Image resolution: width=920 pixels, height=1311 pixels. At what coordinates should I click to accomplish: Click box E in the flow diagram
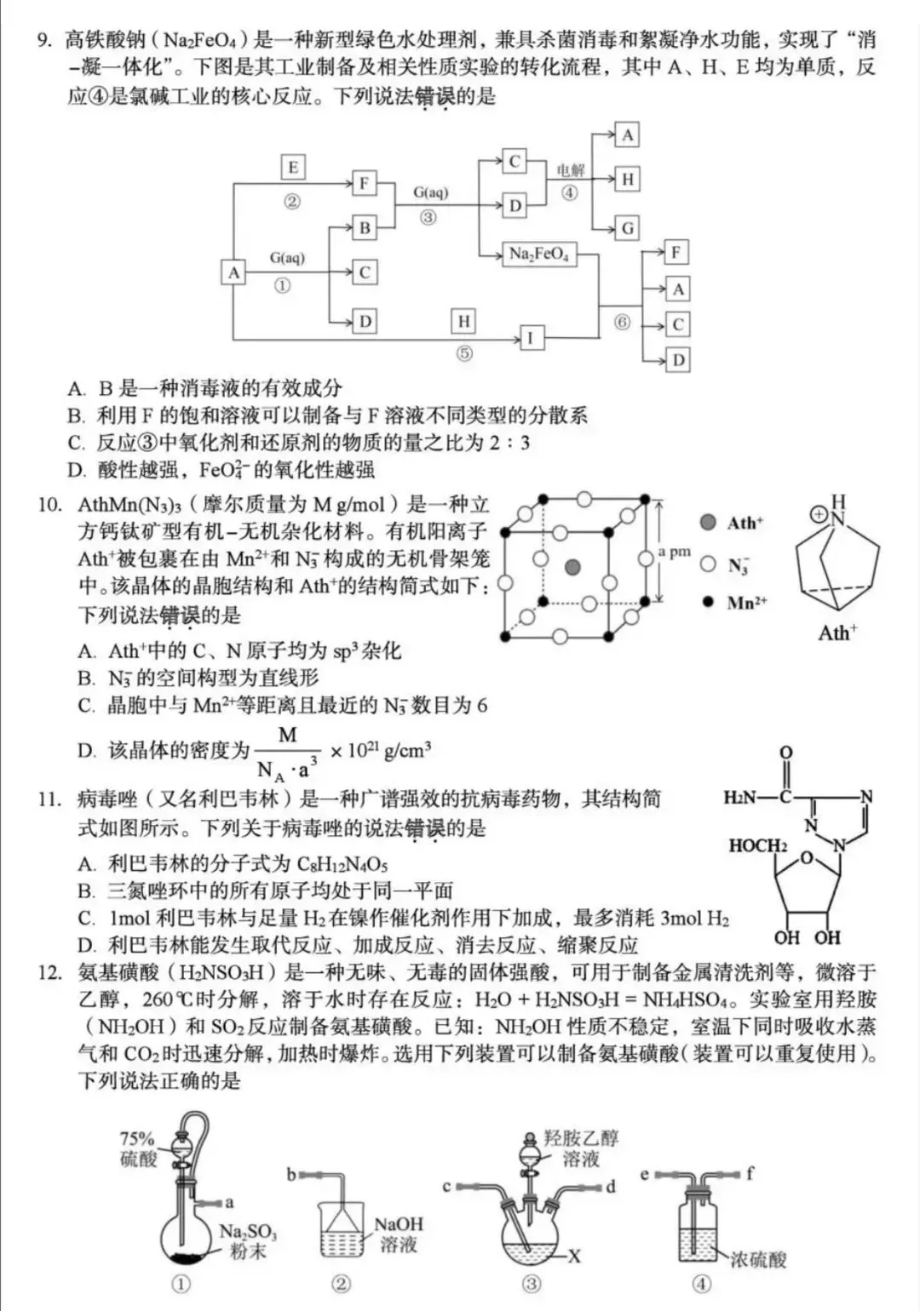[x=293, y=168]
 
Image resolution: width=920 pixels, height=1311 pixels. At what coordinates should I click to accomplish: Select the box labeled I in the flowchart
[x=530, y=338]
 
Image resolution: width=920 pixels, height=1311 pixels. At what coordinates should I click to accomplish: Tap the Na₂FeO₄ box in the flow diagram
[x=538, y=254]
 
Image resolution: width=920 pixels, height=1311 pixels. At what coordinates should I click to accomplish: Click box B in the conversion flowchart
[x=365, y=227]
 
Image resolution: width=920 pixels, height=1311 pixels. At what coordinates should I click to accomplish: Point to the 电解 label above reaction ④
[x=571, y=170]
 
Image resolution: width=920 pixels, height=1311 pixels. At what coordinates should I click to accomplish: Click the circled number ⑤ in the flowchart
[x=463, y=352]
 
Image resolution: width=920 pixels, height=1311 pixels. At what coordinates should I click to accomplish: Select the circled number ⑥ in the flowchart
[x=623, y=322]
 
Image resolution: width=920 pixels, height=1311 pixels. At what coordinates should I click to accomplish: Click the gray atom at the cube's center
[x=572, y=565]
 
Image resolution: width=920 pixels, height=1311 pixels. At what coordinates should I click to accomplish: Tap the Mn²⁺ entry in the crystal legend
[x=746, y=603]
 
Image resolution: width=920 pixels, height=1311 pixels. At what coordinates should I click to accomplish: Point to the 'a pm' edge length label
[x=674, y=552]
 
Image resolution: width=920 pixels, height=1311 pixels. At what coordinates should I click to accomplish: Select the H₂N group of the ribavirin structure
[x=739, y=798]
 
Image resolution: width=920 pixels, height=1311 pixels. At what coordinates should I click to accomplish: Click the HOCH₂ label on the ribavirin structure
[x=757, y=845]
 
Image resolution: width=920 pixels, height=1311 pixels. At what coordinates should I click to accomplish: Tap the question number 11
[x=49, y=799]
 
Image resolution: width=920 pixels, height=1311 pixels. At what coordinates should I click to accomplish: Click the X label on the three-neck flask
[x=575, y=1256]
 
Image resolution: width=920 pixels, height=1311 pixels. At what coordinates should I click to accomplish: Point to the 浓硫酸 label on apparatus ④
[x=757, y=1259]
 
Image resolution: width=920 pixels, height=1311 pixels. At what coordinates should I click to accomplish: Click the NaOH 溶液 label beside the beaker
[x=399, y=1234]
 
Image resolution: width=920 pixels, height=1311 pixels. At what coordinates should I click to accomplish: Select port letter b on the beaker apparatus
[x=291, y=1175]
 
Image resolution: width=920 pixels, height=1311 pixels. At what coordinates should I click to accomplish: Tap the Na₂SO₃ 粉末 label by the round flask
[x=248, y=1241]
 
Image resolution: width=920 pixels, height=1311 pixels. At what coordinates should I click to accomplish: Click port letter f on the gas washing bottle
[x=750, y=1174]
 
